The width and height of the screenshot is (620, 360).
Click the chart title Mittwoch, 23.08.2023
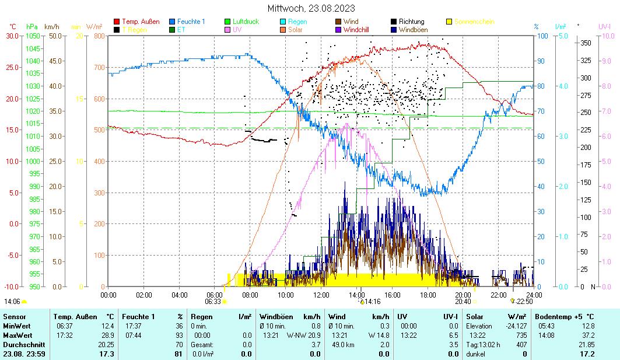pyautogui.click(x=311, y=9)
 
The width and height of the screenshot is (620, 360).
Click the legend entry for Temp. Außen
pyautogui.click(x=141, y=22)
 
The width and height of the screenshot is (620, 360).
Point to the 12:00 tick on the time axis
pyautogui.click(x=321, y=295)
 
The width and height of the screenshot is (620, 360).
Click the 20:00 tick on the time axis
pyautogui.click(x=463, y=295)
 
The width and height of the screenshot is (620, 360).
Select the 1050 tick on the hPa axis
pyautogui.click(x=33, y=36)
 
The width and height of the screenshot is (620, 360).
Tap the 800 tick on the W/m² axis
pyautogui.click(x=97, y=36)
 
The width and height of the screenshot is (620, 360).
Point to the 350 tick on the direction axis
pyautogui.click(x=586, y=43)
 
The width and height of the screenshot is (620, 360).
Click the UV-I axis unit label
pyautogui.click(x=604, y=27)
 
